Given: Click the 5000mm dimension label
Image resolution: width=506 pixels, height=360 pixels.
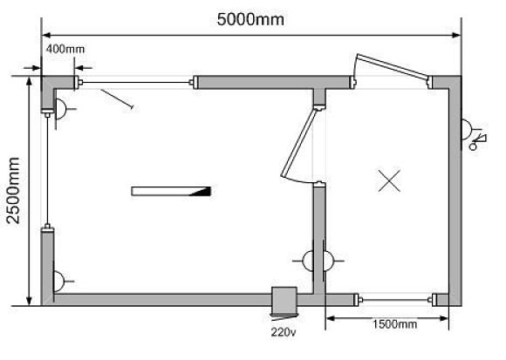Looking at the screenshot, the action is click(250, 19).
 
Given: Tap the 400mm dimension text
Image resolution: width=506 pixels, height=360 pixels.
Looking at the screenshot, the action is click(65, 49).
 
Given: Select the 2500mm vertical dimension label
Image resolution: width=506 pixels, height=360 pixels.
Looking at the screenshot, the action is click(14, 191).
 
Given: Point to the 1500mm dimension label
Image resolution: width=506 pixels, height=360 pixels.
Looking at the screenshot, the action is click(394, 324).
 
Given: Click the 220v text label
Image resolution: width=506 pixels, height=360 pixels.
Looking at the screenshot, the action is click(283, 332).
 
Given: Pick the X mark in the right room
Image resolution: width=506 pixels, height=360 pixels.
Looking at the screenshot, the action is click(389, 180).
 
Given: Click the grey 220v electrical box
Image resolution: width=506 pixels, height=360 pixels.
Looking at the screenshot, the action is click(284, 301).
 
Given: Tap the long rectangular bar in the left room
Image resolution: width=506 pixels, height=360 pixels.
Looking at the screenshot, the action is click(171, 191).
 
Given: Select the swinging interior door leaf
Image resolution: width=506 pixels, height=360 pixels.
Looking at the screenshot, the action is click(297, 144).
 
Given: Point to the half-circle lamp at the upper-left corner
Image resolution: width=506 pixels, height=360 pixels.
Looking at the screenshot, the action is click(61, 109).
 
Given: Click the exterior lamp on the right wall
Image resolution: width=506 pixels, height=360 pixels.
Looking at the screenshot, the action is click(467, 130).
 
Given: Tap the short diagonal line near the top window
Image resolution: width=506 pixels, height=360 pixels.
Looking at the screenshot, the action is click(117, 99).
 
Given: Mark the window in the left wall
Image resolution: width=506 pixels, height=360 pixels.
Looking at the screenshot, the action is click(47, 170).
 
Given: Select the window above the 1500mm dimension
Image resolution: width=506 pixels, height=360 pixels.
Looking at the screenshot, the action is click(394, 300).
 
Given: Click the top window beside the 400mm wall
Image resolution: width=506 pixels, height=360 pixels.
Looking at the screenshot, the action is click(136, 83).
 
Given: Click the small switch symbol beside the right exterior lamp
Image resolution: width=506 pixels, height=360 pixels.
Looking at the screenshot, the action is click(478, 142).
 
